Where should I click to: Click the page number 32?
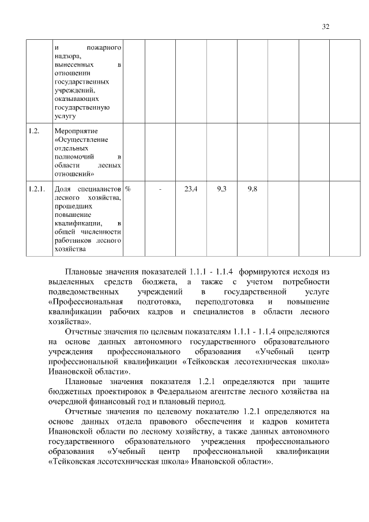326,27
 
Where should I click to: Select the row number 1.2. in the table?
33,132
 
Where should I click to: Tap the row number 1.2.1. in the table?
36,189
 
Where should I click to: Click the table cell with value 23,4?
190,189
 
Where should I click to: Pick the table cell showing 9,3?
221,189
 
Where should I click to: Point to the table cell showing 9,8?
252,189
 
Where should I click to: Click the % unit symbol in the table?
128,189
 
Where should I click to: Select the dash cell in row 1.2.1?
160,189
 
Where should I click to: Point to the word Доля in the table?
62,189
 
